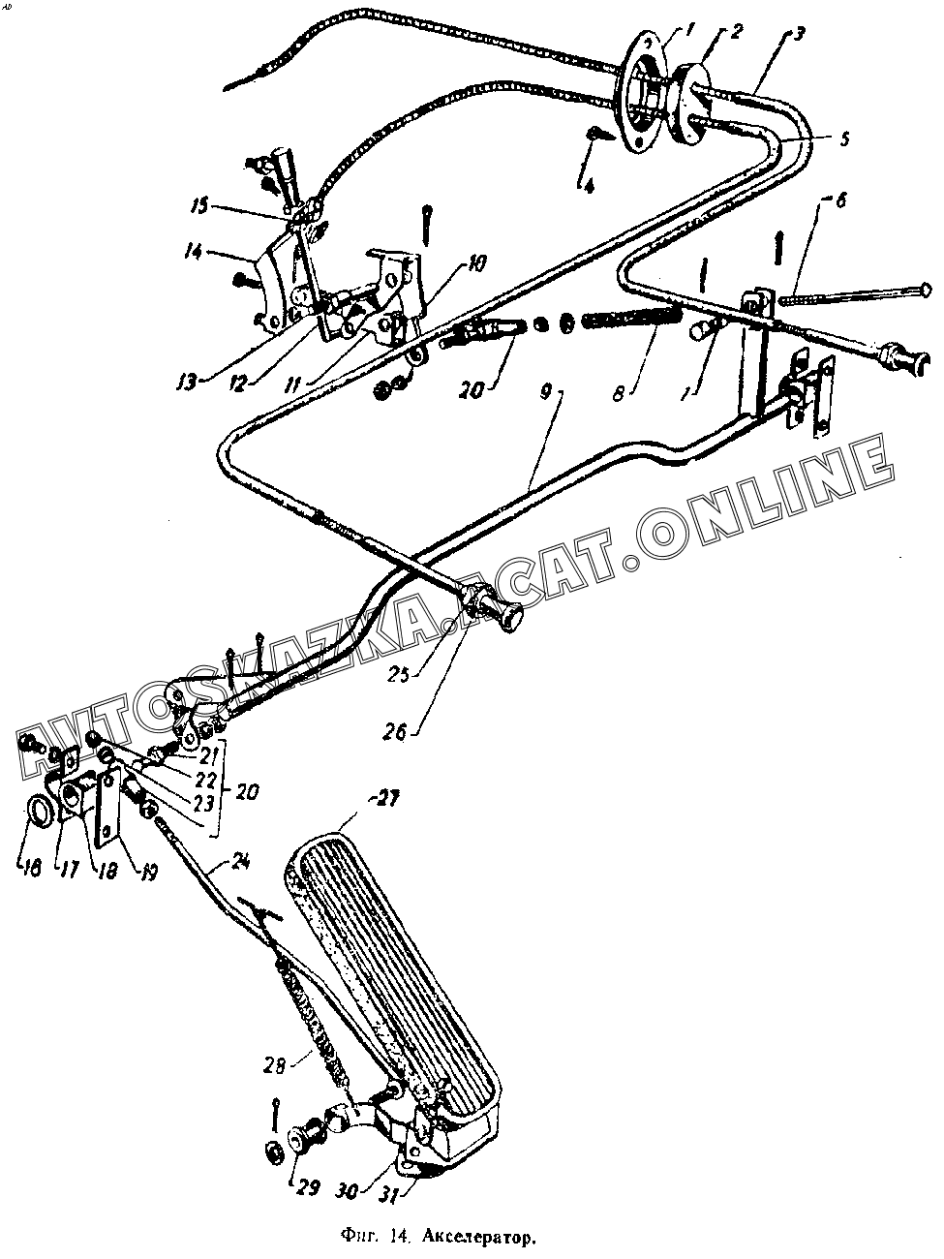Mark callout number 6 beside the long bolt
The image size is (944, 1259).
tap(838, 200)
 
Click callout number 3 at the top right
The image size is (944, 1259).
tap(798, 37)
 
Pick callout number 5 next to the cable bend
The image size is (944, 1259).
tap(844, 138)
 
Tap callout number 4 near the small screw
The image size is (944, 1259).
tap(590, 181)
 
